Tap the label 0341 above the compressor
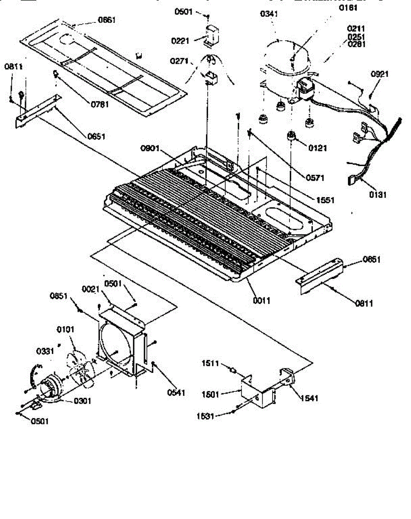point(269,14)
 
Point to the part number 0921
point(380,74)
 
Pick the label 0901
point(150,150)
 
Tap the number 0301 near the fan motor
point(82,401)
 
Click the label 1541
point(309,398)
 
